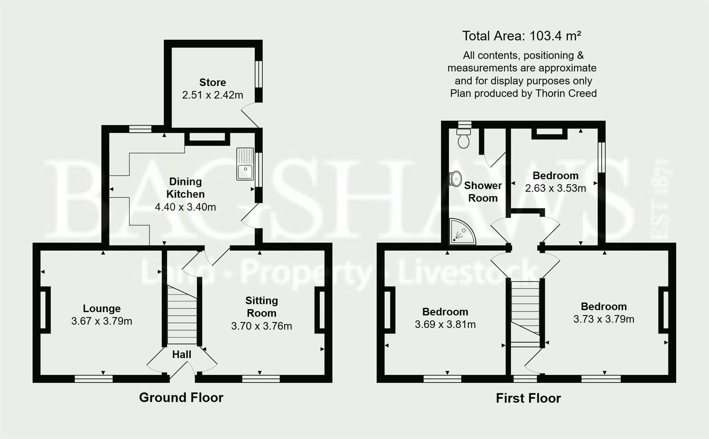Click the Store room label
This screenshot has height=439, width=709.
[212, 83]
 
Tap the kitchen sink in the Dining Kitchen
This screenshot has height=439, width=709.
[245, 164]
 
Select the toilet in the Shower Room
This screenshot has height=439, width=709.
[464, 139]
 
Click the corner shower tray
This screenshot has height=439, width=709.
[462, 233]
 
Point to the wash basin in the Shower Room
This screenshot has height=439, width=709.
[455, 178]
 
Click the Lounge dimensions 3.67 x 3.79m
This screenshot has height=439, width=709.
[102, 321]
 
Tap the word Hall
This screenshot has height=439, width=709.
[182, 354]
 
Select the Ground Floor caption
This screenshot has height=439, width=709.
[181, 397]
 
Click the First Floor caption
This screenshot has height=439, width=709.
[528, 398]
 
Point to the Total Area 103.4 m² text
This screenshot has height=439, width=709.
[522, 36]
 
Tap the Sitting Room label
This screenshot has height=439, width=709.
[262, 306]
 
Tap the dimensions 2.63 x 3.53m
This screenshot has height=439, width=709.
[555, 188]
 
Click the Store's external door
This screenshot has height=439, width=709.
[250, 115]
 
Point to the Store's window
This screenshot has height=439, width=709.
[258, 74]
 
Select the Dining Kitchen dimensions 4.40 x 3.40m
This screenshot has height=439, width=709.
[185, 207]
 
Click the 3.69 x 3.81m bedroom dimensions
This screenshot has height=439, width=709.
[445, 324]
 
